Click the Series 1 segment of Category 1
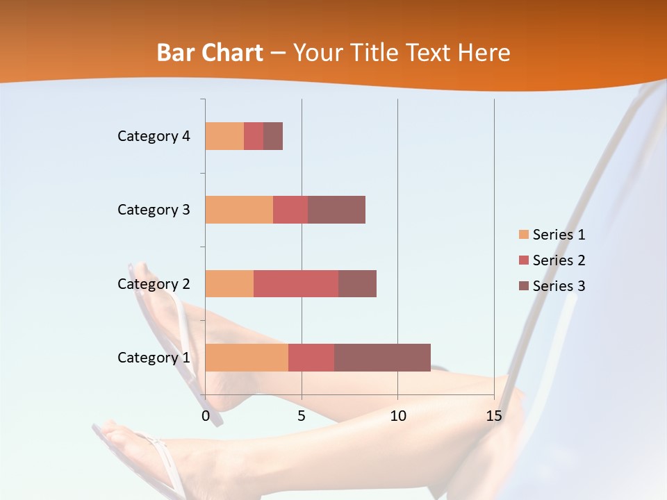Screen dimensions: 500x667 [x=247, y=358]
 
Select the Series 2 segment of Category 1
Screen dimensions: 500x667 [x=311, y=358]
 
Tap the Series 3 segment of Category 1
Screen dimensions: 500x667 [x=382, y=358]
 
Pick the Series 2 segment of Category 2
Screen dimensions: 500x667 [x=296, y=283]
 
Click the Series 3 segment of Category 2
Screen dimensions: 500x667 [x=357, y=283]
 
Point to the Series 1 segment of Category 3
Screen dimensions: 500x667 [x=239, y=210]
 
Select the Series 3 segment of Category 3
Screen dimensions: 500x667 [x=336, y=210]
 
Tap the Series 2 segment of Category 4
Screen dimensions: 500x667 [x=254, y=136]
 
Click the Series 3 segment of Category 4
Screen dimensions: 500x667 [x=273, y=136]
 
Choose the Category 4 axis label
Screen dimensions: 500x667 [x=154, y=136]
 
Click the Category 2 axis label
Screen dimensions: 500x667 [x=154, y=283]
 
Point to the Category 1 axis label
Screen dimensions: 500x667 [x=154, y=358]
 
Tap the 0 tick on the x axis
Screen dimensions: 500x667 [x=206, y=416]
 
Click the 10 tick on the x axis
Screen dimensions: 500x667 [x=397, y=416]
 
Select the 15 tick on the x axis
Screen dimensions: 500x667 [x=494, y=416]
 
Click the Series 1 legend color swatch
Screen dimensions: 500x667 [x=523, y=235]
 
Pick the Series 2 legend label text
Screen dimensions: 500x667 [x=559, y=260]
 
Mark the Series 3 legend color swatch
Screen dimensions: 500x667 [x=523, y=286]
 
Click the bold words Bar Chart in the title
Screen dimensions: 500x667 [x=210, y=53]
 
